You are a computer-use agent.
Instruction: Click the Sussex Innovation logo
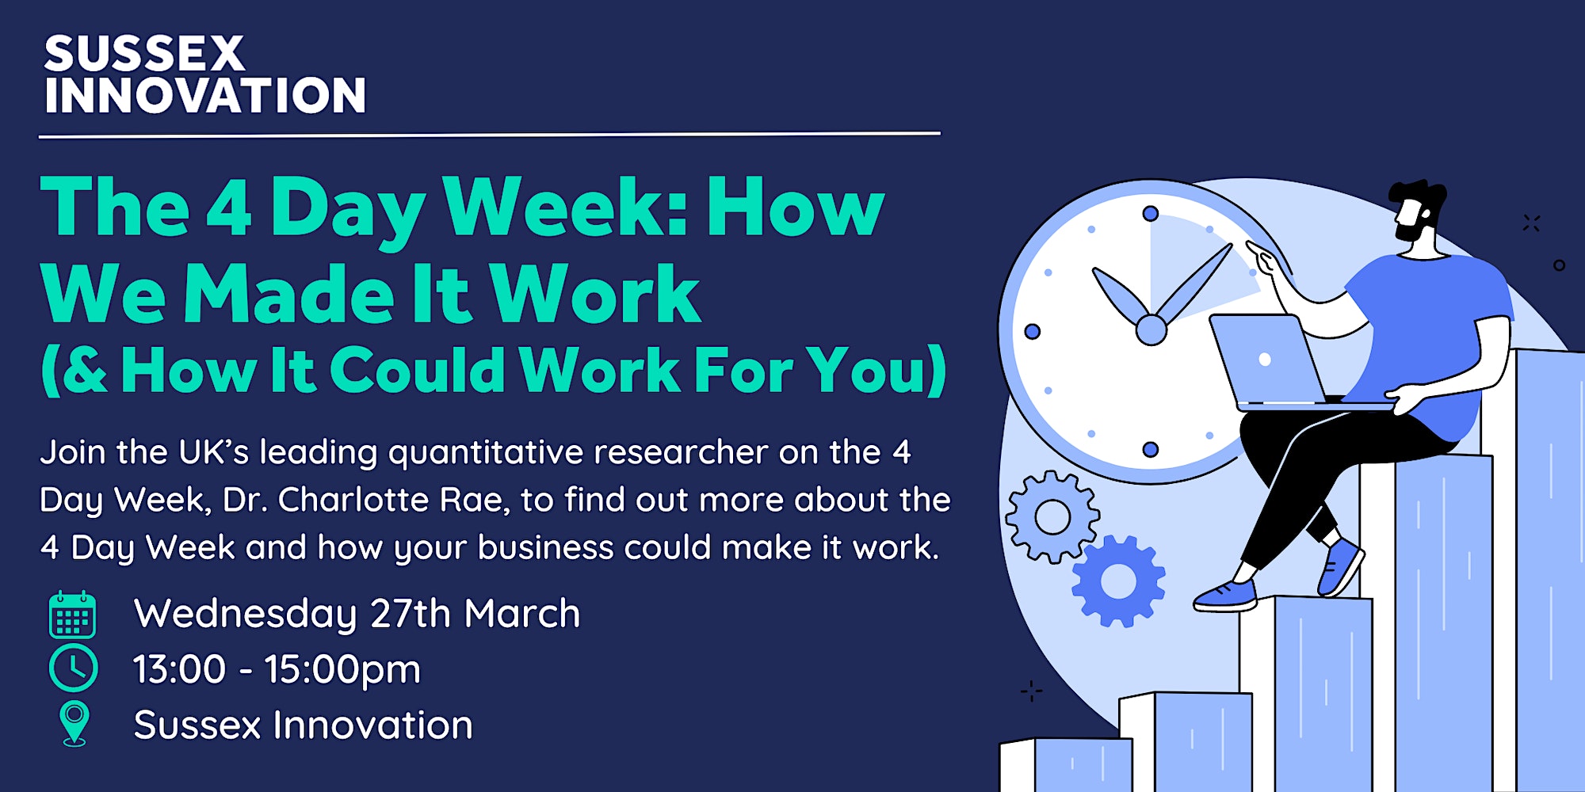(204, 75)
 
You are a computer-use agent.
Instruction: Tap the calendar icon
(72, 615)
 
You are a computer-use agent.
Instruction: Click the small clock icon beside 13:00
(74, 668)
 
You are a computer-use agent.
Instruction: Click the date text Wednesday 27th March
(357, 614)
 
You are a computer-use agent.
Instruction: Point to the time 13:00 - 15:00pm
(277, 670)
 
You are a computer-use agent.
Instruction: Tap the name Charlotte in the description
(390, 500)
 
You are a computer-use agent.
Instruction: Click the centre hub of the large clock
(1151, 329)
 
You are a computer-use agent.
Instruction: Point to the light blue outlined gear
(1052, 517)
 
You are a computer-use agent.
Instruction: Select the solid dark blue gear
(1118, 581)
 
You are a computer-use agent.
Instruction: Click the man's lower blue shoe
(1227, 596)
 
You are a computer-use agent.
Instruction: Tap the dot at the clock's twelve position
(1151, 213)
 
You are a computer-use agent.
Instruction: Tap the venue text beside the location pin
(304, 725)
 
